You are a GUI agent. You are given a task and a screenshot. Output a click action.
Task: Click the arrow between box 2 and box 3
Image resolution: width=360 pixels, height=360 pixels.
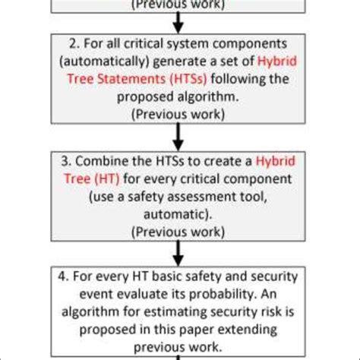point(180,137)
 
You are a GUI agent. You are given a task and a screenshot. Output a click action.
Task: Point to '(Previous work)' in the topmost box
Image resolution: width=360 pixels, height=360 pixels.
point(180,5)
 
